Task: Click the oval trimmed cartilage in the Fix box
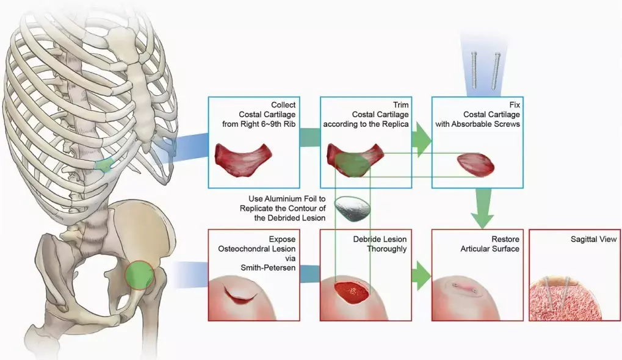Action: click(476, 164)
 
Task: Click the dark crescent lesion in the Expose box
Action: click(244, 296)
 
